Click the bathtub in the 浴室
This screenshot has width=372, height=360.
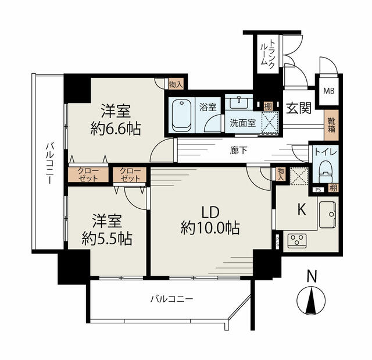pyautogui.click(x=181, y=116)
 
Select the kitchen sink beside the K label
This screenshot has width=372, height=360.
pyautogui.click(x=327, y=215)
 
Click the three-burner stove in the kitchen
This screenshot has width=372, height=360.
pyautogui.click(x=297, y=241)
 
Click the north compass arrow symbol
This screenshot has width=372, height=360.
pyautogui.click(x=311, y=300)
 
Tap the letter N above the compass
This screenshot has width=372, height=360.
pyautogui.click(x=312, y=276)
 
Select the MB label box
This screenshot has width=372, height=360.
pyautogui.click(x=329, y=91)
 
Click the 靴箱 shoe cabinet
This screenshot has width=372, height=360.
pyautogui.click(x=331, y=125)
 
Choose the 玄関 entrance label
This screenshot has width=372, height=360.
pyautogui.click(x=298, y=108)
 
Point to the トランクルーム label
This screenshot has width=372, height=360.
pyautogui.click(x=268, y=54)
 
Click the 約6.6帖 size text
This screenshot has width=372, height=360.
pyautogui.click(x=116, y=129)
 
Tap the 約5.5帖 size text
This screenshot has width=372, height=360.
pyautogui.click(x=107, y=238)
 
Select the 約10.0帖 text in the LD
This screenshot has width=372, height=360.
pyautogui.click(x=210, y=228)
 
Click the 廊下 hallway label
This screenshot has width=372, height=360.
pyautogui.click(x=238, y=150)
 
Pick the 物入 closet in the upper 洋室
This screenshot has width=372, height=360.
pyautogui.click(x=176, y=84)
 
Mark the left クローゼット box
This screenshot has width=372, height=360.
pyautogui.click(x=88, y=174)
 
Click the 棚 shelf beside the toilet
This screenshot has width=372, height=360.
pyautogui.click(x=333, y=188)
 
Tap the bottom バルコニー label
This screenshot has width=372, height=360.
pyautogui.click(x=172, y=299)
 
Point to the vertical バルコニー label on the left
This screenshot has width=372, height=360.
pyautogui.click(x=49, y=163)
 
